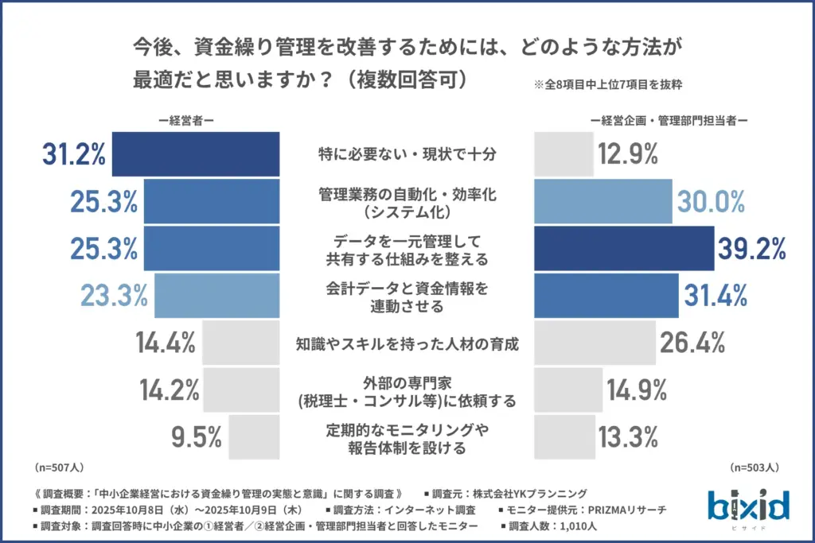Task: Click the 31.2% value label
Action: pos(74,154)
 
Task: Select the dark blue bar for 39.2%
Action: pos(623,248)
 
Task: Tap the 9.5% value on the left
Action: pos(196,436)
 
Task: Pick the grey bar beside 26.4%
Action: pos(593,343)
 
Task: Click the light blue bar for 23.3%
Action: pos(217,295)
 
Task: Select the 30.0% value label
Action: pos(711,202)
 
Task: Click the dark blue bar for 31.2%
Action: pos(196,154)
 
